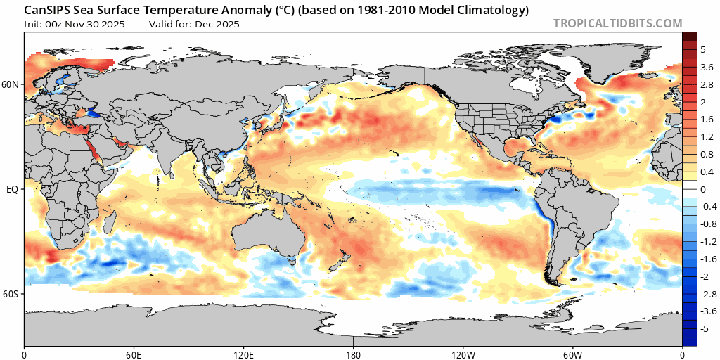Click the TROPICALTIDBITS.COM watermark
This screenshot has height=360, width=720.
(x=617, y=23)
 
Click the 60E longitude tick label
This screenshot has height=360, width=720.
(x=134, y=352)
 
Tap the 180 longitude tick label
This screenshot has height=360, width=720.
(x=354, y=352)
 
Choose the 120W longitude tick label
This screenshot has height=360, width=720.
(x=463, y=352)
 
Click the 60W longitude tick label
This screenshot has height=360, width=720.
(x=572, y=352)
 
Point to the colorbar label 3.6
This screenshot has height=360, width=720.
(x=707, y=67)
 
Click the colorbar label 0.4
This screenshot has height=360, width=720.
(x=707, y=172)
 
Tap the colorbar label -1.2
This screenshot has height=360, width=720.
(x=705, y=242)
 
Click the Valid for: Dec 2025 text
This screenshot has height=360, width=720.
(x=195, y=24)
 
